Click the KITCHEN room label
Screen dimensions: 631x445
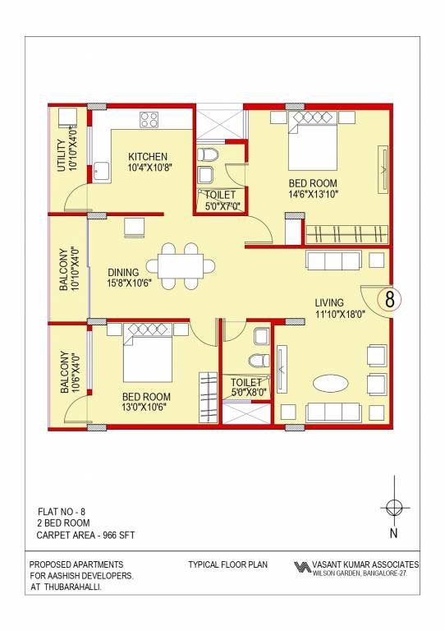pyautogui.click(x=148, y=156)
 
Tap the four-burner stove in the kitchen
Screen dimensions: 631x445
pyautogui.click(x=149, y=120)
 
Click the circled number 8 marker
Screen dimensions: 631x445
pyautogui.click(x=390, y=301)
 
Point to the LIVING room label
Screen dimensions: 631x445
pyautogui.click(x=330, y=303)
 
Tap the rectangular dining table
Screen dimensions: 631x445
pyautogui.click(x=181, y=265)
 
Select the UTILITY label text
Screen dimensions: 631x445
pyautogui.click(x=61, y=151)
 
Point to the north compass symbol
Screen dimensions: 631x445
pyautogui.click(x=394, y=507)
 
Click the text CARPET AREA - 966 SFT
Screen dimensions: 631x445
pyautogui.click(x=85, y=536)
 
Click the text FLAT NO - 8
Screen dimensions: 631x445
pyautogui.click(x=62, y=511)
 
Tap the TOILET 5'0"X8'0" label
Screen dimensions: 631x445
pyautogui.click(x=245, y=388)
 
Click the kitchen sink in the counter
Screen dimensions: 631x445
pyautogui.click(x=102, y=173)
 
